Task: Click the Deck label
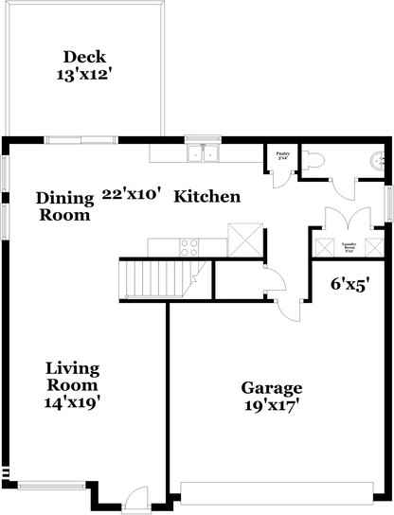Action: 83,55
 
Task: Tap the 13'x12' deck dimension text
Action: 83,73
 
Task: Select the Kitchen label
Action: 207,197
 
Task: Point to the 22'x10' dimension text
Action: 131,194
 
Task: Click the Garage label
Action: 271,388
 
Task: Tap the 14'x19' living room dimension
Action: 73,401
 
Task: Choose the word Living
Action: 73,367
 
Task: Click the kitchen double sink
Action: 203,154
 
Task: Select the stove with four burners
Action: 188,247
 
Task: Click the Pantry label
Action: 281,153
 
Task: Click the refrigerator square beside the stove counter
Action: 245,240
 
